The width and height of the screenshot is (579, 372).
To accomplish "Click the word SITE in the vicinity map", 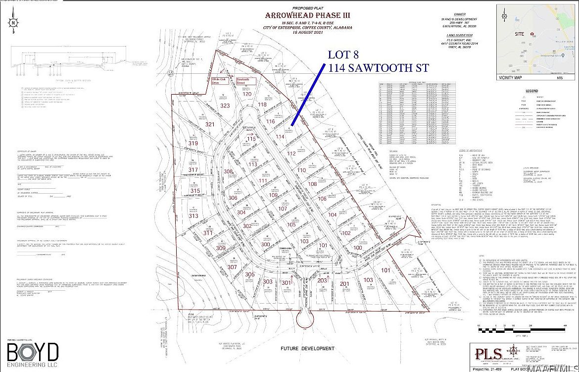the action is [x=520, y=34].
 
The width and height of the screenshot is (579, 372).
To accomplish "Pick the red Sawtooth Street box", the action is [x=245, y=81].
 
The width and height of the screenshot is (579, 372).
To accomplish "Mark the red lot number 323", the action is [x=225, y=106].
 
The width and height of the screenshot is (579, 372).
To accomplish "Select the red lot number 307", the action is [x=218, y=266].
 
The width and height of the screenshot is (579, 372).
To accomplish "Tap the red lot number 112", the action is [x=291, y=154].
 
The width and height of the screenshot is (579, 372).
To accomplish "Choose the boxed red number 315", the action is [x=195, y=191].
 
